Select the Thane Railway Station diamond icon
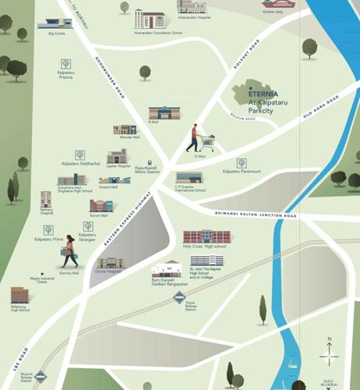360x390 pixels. coord(180,296)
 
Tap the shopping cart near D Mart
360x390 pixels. coord(207,143)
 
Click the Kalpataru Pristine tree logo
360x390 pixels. coord(65,64)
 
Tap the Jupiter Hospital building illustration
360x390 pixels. coord(117,157)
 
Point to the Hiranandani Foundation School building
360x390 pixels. coord(150,19)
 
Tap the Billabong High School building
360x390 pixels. coord(19,295)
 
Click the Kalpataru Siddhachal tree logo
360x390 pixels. coord(80,155)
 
